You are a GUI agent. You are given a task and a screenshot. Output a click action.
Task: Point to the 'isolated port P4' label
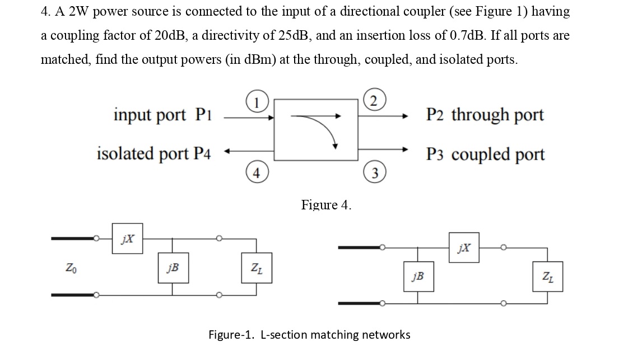click(153, 153)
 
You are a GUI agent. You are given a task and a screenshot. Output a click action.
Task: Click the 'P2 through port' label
click(485, 115)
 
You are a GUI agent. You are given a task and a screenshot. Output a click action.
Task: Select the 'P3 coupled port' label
click(485, 154)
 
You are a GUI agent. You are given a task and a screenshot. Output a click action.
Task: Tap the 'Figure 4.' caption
click(326, 205)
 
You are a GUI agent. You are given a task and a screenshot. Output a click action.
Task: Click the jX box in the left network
click(128, 239)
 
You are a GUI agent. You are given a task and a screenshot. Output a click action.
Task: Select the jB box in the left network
click(173, 267)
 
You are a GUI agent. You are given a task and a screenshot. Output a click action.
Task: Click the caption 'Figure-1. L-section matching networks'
click(309, 335)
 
